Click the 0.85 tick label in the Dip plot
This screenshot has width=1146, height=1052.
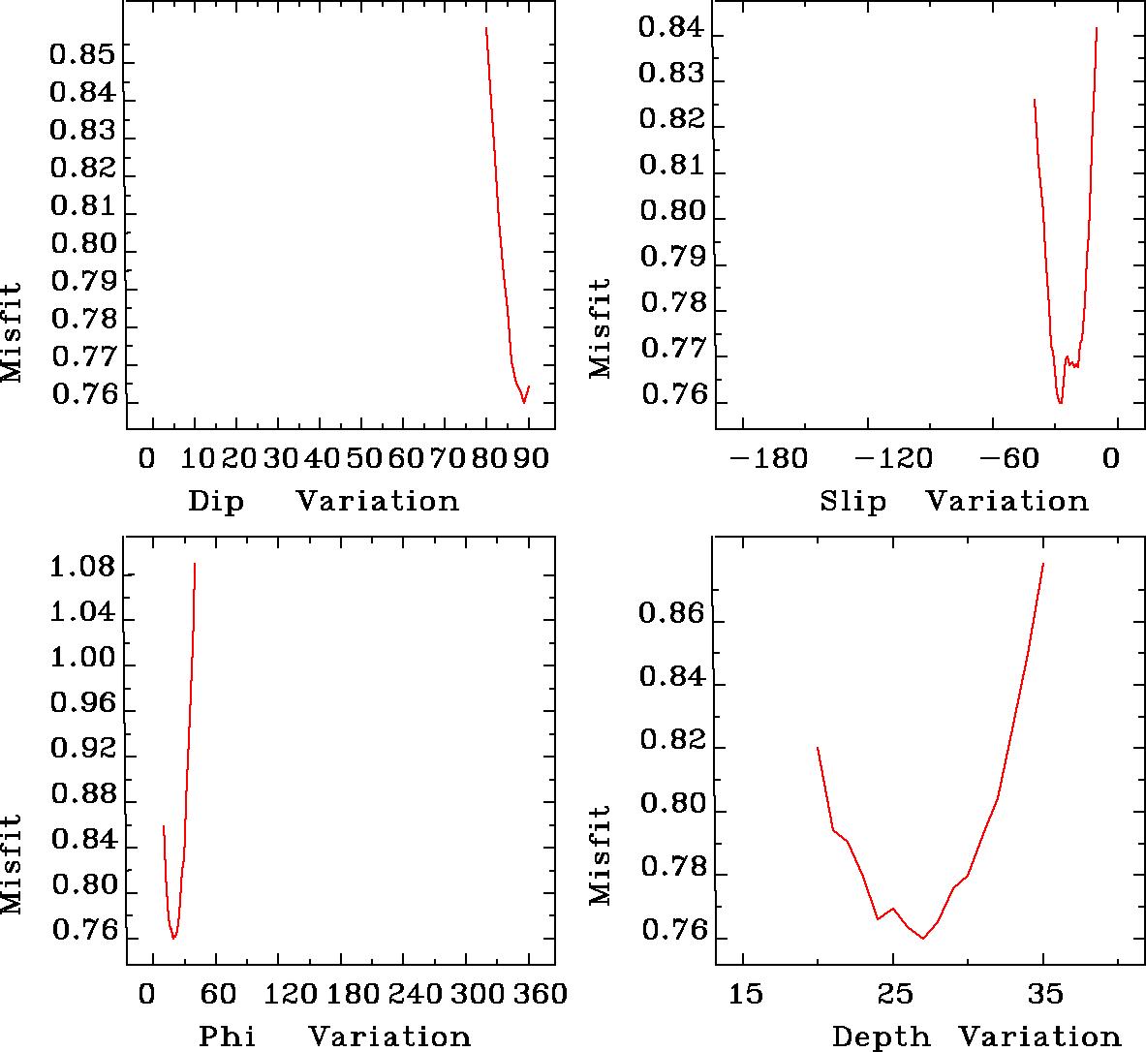(x=82, y=56)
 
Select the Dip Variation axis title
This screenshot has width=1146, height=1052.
(x=323, y=502)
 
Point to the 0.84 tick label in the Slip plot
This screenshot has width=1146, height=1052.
(x=671, y=29)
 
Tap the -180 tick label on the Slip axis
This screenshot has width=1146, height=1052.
(x=767, y=457)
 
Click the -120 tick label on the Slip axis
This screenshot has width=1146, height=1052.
(x=901, y=457)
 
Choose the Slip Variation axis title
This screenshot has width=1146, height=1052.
(x=953, y=502)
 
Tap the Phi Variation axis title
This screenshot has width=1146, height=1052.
(x=334, y=1037)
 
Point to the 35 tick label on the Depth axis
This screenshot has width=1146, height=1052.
(x=1043, y=994)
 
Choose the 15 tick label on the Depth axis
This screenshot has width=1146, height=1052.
(x=744, y=994)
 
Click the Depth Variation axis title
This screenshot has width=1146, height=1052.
(x=976, y=1037)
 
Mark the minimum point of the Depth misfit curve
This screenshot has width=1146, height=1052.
(x=923, y=938)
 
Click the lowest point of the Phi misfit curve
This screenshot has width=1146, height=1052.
(x=173, y=938)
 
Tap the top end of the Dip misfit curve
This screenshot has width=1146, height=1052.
(x=485, y=28)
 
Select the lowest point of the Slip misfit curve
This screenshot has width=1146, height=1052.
(x=1061, y=403)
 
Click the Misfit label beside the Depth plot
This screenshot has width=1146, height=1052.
(x=602, y=854)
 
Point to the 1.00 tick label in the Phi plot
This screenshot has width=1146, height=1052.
(x=82, y=660)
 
